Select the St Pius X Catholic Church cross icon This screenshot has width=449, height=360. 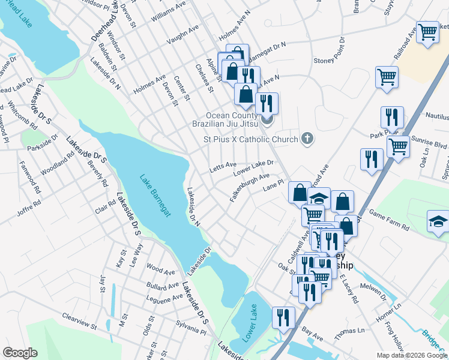click(x=307, y=139)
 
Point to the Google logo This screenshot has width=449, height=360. click(x=20, y=353)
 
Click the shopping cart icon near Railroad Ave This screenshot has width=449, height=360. click(x=427, y=32)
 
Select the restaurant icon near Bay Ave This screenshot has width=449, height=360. click(x=283, y=317)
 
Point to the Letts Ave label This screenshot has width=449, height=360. click(x=223, y=165)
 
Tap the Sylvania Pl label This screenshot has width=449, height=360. click(x=190, y=328)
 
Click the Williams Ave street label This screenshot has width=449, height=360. click(x=169, y=13)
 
